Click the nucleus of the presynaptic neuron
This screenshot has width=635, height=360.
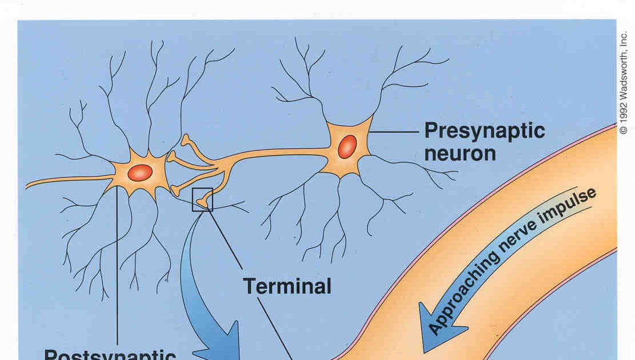347,146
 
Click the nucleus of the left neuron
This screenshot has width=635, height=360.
140,173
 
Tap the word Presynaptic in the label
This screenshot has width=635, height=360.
484,131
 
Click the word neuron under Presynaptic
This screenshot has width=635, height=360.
459,153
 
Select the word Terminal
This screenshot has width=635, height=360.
287,286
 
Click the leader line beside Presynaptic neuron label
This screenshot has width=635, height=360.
394,132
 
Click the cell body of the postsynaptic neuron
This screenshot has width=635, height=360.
139,172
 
